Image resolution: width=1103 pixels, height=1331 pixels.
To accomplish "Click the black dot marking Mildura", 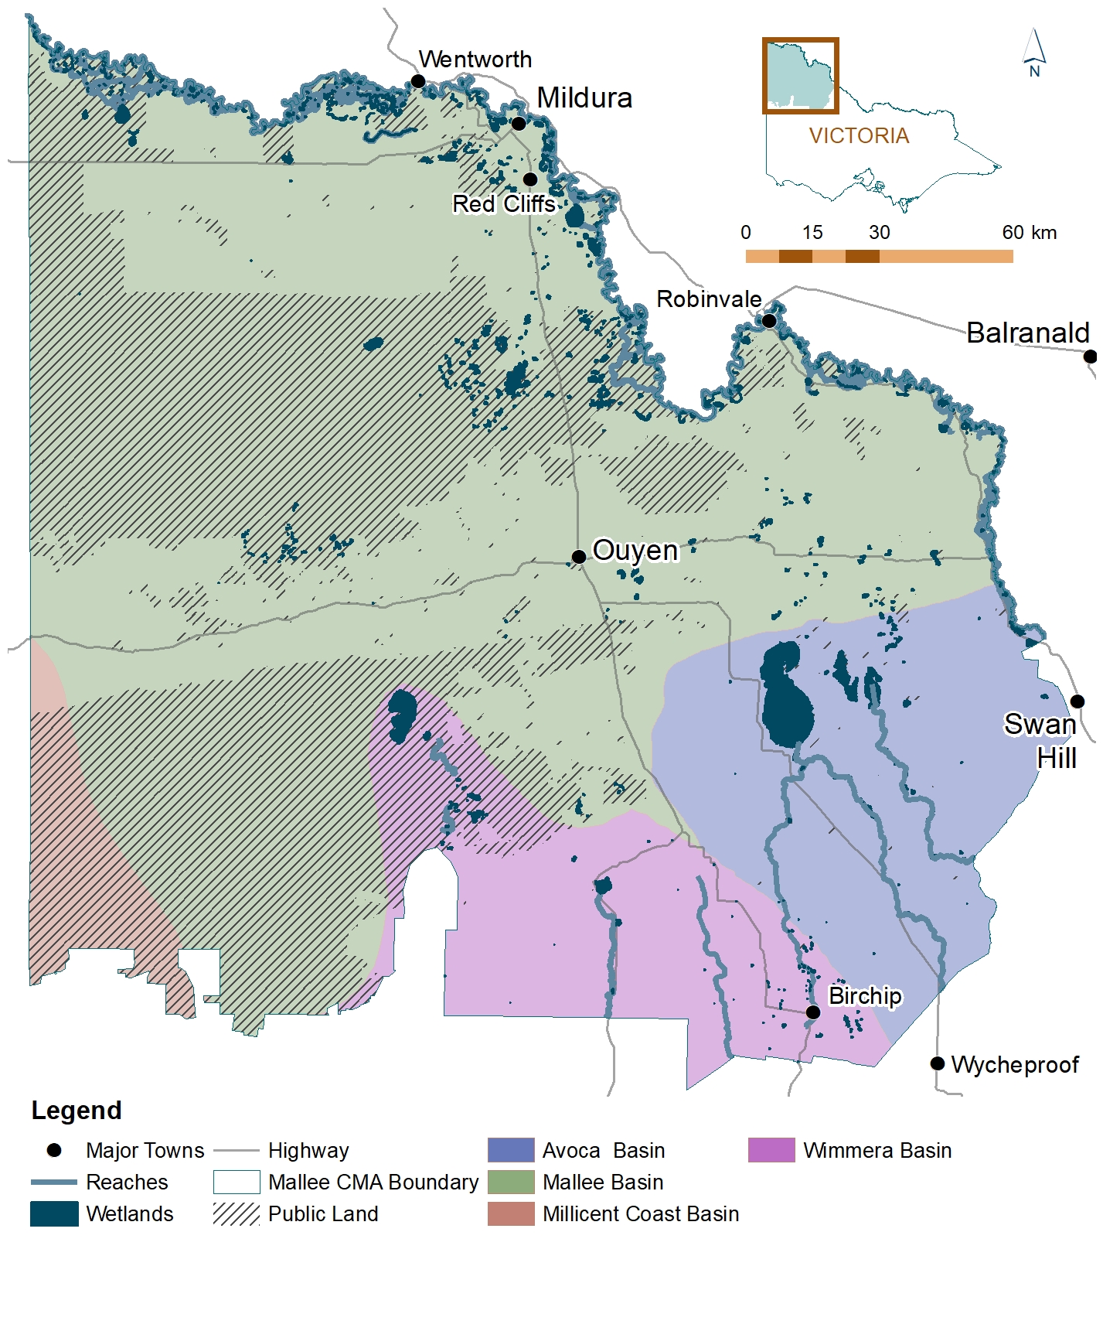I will coord(519,124).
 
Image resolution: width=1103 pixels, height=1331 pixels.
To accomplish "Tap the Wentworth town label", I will coord(475,60).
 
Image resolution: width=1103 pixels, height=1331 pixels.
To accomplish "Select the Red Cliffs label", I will coord(503,204).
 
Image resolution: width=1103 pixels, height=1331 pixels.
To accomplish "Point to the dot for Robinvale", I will coord(769,320).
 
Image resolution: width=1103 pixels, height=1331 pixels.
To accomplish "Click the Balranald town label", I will coord(1027,333).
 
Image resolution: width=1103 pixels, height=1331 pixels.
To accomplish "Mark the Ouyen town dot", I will coord(578,557).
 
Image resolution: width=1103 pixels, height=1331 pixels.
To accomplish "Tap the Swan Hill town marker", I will coord(1077,701).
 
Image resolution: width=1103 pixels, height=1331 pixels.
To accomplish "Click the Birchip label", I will coord(864,995).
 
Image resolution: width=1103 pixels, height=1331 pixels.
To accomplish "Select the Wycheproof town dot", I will coord(937,1063).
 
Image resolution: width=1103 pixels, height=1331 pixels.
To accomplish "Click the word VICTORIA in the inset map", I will coord(859,136).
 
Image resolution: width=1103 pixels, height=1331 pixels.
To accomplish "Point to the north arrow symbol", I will coord(1034,51).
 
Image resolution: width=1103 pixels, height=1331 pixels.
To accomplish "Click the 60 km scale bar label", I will coord(1029,233).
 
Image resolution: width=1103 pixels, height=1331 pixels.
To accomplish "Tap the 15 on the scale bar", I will coord(812,233).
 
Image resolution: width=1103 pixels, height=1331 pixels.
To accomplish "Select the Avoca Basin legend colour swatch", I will coord(511,1150).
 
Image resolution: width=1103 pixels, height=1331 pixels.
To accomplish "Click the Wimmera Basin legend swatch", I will coord(771,1150).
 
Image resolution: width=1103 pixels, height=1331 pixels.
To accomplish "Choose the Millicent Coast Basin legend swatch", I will coord(511,1213).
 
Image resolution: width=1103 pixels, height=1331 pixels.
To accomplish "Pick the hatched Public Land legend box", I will coord(237,1213).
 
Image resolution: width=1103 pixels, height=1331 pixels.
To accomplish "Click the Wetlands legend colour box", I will coord(54,1213).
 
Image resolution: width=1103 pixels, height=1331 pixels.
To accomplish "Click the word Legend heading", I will coord(77,1111).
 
